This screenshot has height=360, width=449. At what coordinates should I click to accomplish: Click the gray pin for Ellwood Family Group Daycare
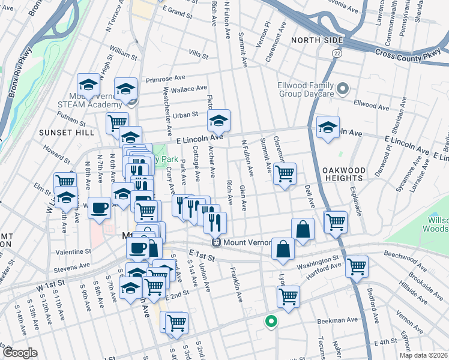pos(343,89)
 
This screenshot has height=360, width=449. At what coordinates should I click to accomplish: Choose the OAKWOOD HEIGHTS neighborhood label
pos(343,174)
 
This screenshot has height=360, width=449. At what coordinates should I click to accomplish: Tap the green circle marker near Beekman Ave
pos(271,322)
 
